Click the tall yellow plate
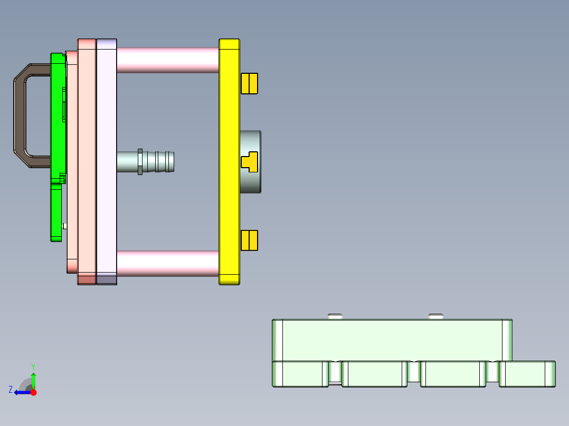[229, 211]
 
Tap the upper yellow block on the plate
[249, 83]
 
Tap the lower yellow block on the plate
[249, 240]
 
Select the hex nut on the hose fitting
[140, 162]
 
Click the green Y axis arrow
[33, 377]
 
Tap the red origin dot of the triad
[33, 392]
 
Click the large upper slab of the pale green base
[391, 340]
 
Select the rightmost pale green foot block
[527, 374]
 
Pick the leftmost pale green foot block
[298, 374]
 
